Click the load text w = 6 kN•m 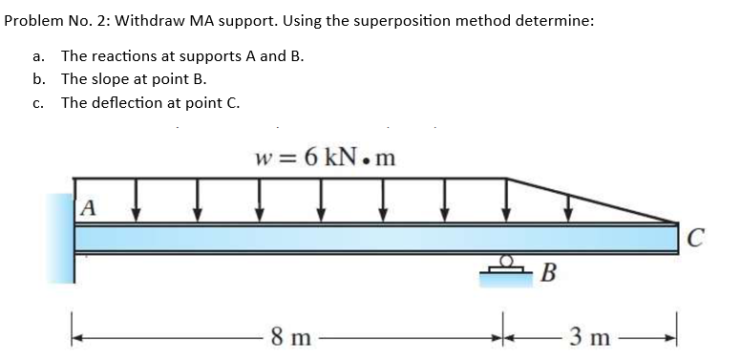point(325,156)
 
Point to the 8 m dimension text point(288,336)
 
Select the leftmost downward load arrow point(136,202)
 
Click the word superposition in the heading point(373,22)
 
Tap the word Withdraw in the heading point(147,22)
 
